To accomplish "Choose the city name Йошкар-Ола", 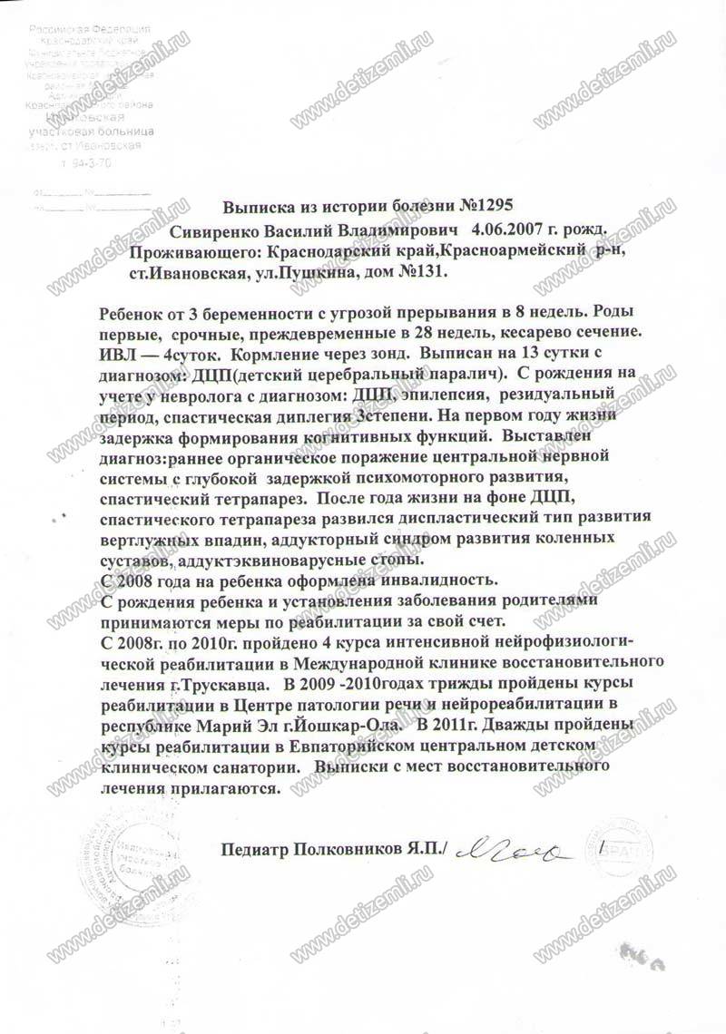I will point(340,724).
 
